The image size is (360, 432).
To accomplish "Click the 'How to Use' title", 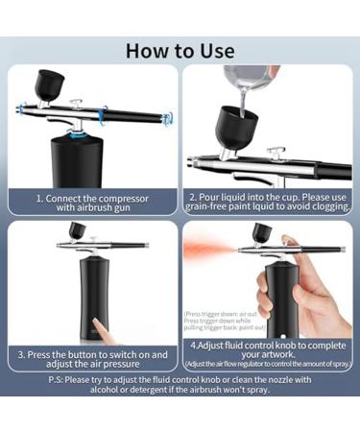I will pyautogui.click(x=180, y=50).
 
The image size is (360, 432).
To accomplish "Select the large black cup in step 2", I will pyautogui.click(x=234, y=125).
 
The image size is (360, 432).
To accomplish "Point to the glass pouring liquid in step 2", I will pyautogui.click(x=244, y=81).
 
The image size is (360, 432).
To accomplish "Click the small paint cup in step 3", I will pyautogui.click(x=77, y=231).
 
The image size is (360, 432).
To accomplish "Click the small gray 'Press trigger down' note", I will pyautogui.click(x=220, y=321).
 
